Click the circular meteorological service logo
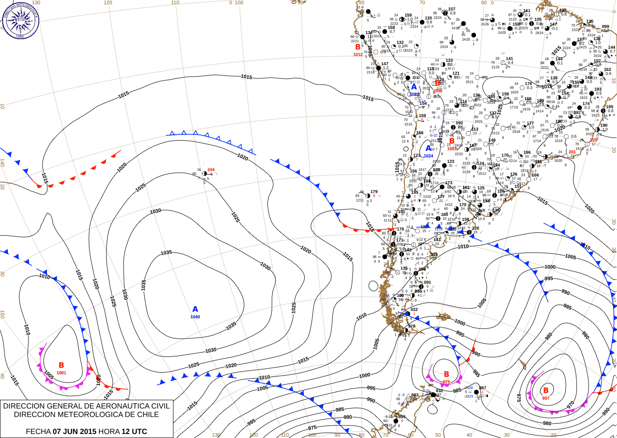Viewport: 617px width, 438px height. tap(20, 20)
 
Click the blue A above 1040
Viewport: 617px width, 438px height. tap(195, 309)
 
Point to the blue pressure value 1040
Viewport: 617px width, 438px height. tap(195, 317)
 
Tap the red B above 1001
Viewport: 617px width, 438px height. tap(61, 365)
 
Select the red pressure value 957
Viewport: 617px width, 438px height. tap(546, 398)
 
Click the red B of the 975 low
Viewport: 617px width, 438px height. tap(447, 374)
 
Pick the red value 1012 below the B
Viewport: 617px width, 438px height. tap(358, 55)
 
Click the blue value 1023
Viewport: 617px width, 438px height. tap(414, 94)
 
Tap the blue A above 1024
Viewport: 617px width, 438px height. tap(428, 148)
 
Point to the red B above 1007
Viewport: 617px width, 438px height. tap(452, 141)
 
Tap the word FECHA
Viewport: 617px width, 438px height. tap(38, 431)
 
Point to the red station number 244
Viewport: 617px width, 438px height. tap(211, 170)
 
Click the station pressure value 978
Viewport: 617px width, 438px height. tap(412, 326)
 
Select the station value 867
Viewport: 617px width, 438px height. tap(483, 388)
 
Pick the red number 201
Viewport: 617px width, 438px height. tap(572, 152)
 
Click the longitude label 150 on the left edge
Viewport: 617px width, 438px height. tap(2, 314)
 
